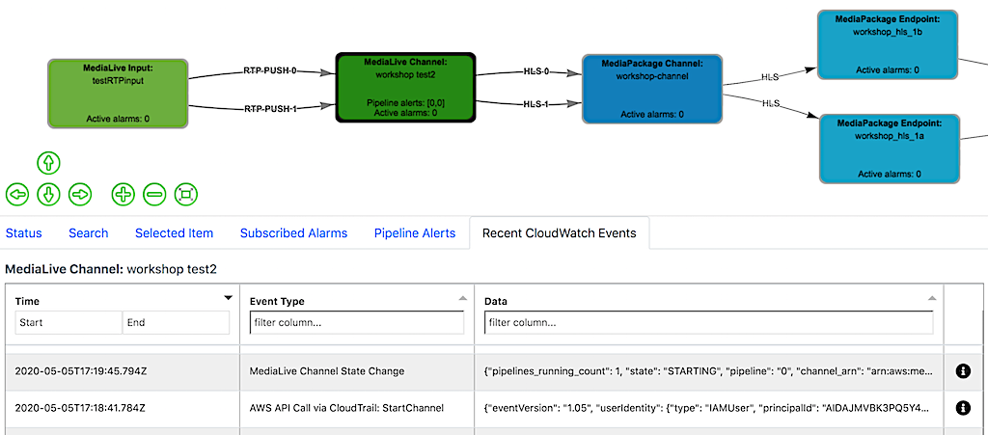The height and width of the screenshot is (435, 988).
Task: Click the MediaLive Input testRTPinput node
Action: pos(117,94)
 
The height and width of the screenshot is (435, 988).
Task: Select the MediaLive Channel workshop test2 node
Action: pos(405,87)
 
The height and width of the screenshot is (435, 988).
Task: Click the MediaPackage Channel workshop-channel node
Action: pos(651,89)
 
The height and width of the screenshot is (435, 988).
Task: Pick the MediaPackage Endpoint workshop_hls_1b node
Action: pos(887,44)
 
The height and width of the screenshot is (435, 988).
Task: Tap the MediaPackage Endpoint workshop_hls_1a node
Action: pos(887,148)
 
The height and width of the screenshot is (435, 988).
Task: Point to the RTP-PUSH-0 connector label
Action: pos(270,71)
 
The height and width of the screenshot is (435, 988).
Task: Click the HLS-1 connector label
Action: pos(535,104)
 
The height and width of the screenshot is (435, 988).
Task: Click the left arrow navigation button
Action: pos(17,195)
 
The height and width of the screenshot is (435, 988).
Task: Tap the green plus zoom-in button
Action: pos(123,195)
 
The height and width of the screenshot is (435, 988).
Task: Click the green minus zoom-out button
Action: pos(154,195)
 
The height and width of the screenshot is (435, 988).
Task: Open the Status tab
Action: pos(24,233)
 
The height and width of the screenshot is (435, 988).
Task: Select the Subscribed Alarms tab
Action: pos(293,233)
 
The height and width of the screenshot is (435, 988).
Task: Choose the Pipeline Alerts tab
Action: pos(415,233)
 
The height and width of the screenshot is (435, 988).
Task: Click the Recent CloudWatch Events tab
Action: pos(559,233)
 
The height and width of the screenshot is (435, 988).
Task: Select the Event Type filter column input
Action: pos(357,322)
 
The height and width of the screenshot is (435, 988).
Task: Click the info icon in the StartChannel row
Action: pos(962,408)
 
